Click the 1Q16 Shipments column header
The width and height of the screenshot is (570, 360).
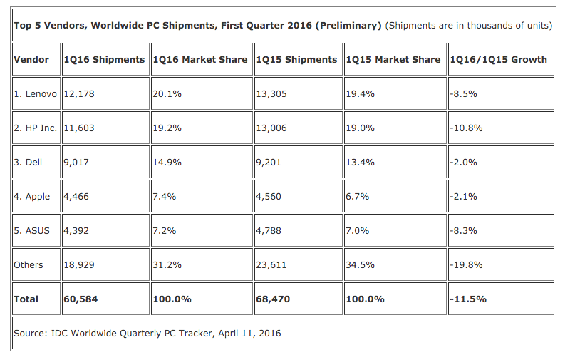[x=104, y=59]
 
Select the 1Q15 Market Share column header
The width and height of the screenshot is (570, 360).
[x=393, y=59]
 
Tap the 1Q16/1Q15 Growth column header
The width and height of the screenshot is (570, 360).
[x=498, y=59]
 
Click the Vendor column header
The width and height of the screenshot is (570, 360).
[x=31, y=59]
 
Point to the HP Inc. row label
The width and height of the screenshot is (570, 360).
[x=37, y=128]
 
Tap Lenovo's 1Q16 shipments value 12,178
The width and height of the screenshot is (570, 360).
[x=79, y=94]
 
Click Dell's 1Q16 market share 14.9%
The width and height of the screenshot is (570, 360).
[x=167, y=163]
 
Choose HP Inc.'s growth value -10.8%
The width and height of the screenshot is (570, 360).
[x=467, y=128]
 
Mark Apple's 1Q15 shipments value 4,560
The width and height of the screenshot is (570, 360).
[x=269, y=197]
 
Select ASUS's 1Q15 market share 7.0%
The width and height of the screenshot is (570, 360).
[x=358, y=231]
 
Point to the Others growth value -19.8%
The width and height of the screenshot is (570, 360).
[x=467, y=265]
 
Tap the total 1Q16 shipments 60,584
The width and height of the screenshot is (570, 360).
[x=81, y=299]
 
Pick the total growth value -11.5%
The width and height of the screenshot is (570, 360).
[x=468, y=299]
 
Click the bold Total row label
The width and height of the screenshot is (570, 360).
[x=26, y=299]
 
